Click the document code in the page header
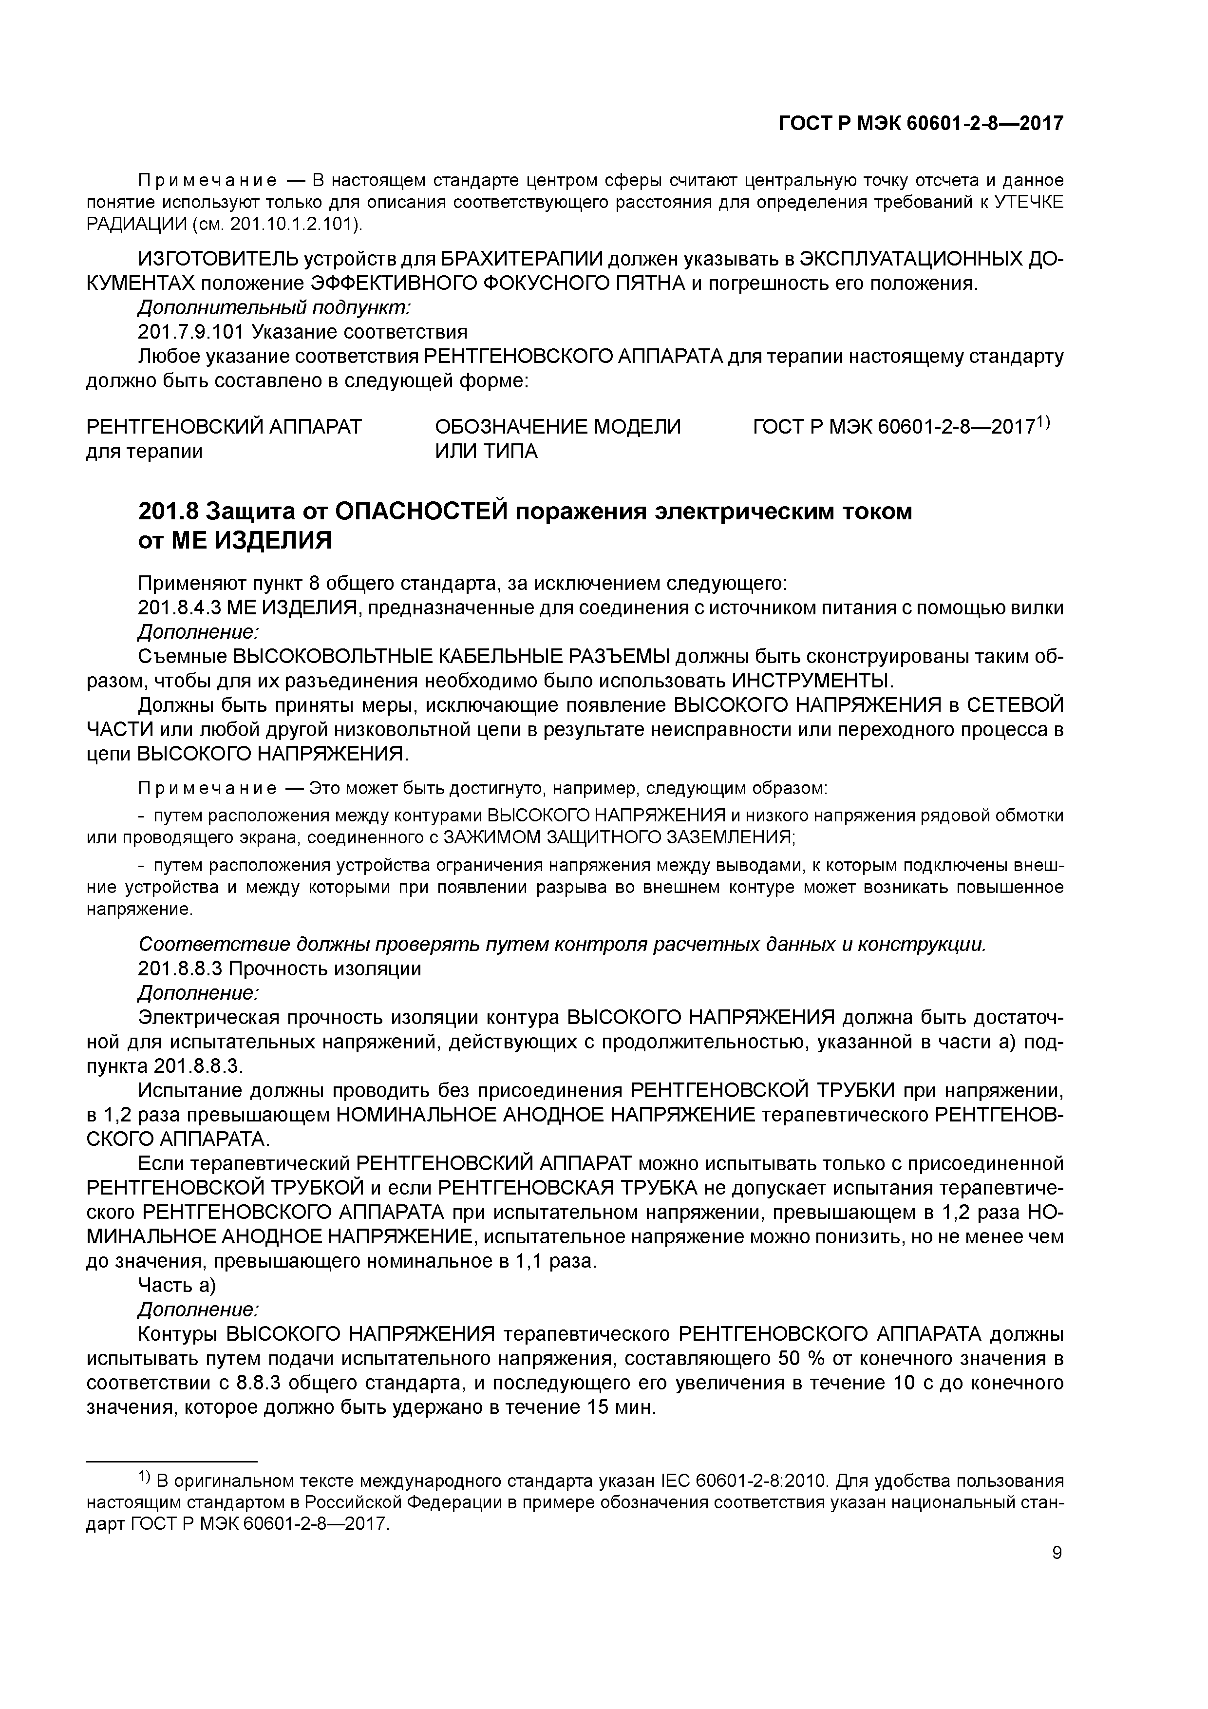pyautogui.click(x=921, y=124)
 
